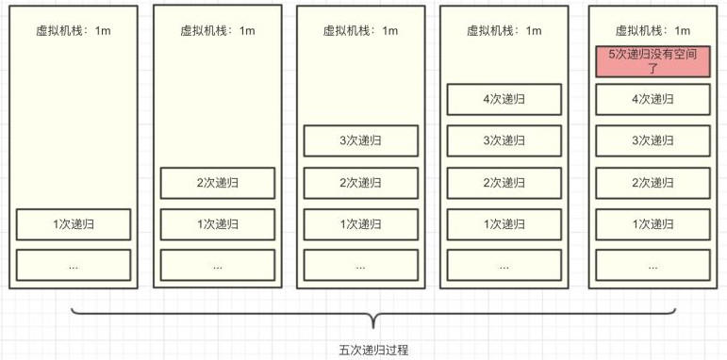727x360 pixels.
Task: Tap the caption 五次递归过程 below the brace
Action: coord(373,350)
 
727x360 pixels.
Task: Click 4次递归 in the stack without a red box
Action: coord(504,99)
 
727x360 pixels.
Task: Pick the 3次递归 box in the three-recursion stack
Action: coord(360,140)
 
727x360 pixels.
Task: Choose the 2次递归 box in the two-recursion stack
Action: coord(217,183)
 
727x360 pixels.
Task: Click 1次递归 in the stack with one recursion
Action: coord(73,224)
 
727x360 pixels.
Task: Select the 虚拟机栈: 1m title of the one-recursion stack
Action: coord(73,30)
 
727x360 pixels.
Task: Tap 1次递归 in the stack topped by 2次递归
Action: coord(217,224)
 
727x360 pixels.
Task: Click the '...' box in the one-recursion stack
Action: coord(73,266)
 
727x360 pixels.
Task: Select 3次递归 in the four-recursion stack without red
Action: coord(504,140)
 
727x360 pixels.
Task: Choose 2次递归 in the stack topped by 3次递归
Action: coord(360,183)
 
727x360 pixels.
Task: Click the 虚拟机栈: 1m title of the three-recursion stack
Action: coord(360,30)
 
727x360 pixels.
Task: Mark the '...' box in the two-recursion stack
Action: coord(217,266)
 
